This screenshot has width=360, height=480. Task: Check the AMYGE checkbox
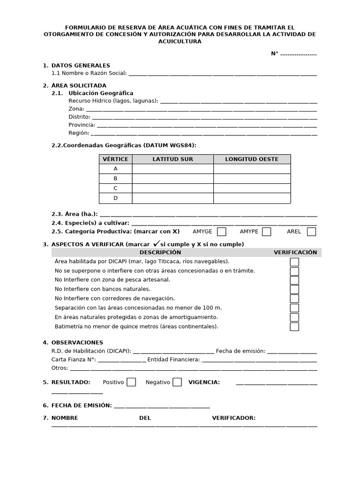click(222, 232)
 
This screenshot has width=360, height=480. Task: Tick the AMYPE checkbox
click(266, 232)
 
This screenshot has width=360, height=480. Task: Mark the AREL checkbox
click(311, 232)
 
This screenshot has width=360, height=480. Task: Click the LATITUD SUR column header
click(172, 159)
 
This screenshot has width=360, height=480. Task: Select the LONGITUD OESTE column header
click(252, 159)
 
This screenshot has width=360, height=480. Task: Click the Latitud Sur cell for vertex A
click(172, 169)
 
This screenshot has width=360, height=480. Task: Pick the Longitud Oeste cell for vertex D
click(252, 198)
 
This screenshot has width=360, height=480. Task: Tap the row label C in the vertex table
click(115, 188)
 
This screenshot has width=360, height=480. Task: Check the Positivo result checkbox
click(131, 382)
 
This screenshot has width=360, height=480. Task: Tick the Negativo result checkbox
click(177, 382)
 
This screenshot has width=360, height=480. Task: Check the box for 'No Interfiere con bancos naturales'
click(294, 289)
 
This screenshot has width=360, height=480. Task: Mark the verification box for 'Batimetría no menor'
click(294, 326)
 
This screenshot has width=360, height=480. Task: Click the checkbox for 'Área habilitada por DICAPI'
click(294, 262)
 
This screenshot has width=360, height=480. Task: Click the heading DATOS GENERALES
click(81, 66)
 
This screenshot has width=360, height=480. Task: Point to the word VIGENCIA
click(204, 382)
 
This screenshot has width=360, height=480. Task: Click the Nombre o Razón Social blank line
click(222, 74)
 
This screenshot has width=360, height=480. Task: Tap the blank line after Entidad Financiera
click(259, 360)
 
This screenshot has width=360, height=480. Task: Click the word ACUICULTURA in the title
click(180, 42)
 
